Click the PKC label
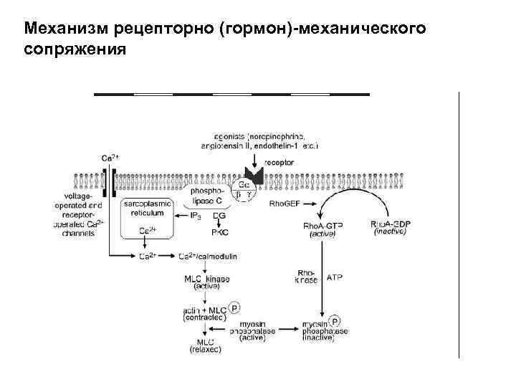pos(219,232)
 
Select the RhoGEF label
pos(285,204)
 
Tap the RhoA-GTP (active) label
pos(323,229)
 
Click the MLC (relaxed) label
pos(206,345)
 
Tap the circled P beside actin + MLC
pos(234,307)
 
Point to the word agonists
pos(229,136)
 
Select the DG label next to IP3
pos(219,215)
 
